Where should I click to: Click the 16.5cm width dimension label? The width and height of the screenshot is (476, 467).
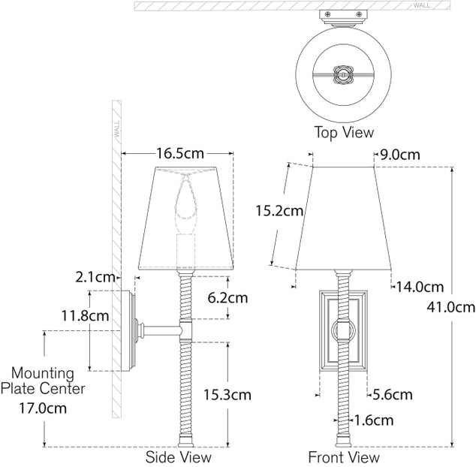[179, 154]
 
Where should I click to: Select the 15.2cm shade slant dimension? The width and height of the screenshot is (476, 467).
[279, 212]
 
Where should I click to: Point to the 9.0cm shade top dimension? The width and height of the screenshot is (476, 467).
[399, 155]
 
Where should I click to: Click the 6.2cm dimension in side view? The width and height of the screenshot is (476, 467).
[227, 297]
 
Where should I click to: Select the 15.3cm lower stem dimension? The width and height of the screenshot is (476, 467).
[227, 394]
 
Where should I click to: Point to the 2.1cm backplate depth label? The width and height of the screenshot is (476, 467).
[96, 277]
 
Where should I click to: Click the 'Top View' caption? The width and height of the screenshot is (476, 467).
[343, 133]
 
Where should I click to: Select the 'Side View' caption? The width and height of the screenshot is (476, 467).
[178, 456]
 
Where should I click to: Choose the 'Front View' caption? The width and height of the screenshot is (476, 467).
[343, 456]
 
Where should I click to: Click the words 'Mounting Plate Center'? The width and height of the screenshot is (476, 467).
[42, 381]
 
